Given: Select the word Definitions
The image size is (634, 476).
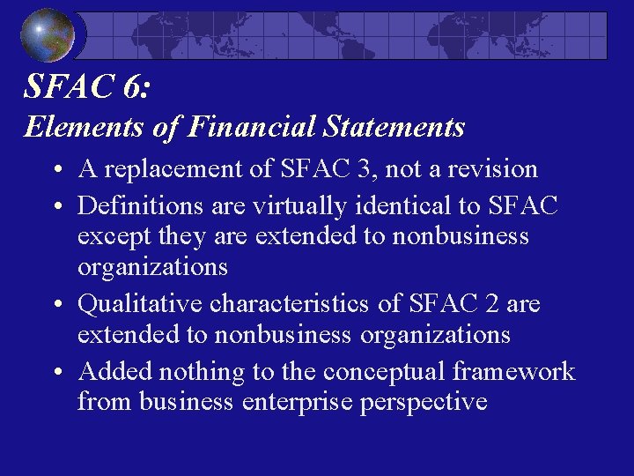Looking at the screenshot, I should point(141,205).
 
